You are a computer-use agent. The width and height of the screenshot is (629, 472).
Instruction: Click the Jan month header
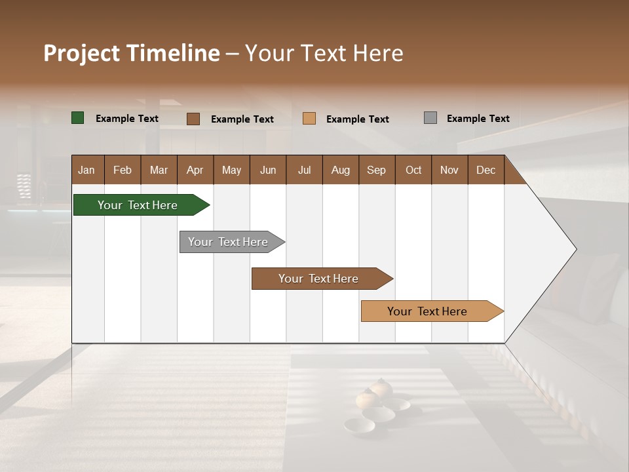[x=87, y=170]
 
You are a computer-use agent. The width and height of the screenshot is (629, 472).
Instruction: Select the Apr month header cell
[x=195, y=170]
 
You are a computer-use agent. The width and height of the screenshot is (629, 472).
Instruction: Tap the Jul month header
[x=304, y=170]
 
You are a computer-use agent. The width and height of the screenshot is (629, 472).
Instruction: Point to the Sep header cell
[x=377, y=170]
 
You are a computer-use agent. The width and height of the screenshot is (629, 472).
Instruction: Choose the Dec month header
[x=486, y=170]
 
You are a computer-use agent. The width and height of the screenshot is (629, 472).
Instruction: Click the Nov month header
[x=449, y=170]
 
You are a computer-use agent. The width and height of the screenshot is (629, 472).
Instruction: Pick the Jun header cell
[x=268, y=170]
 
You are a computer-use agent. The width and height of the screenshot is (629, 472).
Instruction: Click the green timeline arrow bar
[x=138, y=205]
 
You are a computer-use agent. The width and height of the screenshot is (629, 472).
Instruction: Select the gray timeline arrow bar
[x=228, y=242]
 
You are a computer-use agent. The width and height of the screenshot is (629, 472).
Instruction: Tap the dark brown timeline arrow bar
[x=318, y=279]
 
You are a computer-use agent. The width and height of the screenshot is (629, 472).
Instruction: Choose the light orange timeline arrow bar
[x=427, y=311]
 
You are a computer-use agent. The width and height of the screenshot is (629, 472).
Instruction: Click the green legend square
[x=78, y=118]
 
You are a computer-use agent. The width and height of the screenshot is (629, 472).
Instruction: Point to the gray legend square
[x=430, y=118]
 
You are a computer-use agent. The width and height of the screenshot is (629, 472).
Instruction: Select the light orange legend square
[x=309, y=119]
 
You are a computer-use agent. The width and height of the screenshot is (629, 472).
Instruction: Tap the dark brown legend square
[x=193, y=119]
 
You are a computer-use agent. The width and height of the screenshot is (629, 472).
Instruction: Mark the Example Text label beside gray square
[x=478, y=118]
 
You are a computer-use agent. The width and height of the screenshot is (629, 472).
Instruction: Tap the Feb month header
[x=123, y=170]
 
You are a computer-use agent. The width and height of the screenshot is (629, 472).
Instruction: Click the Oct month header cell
[x=413, y=170]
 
